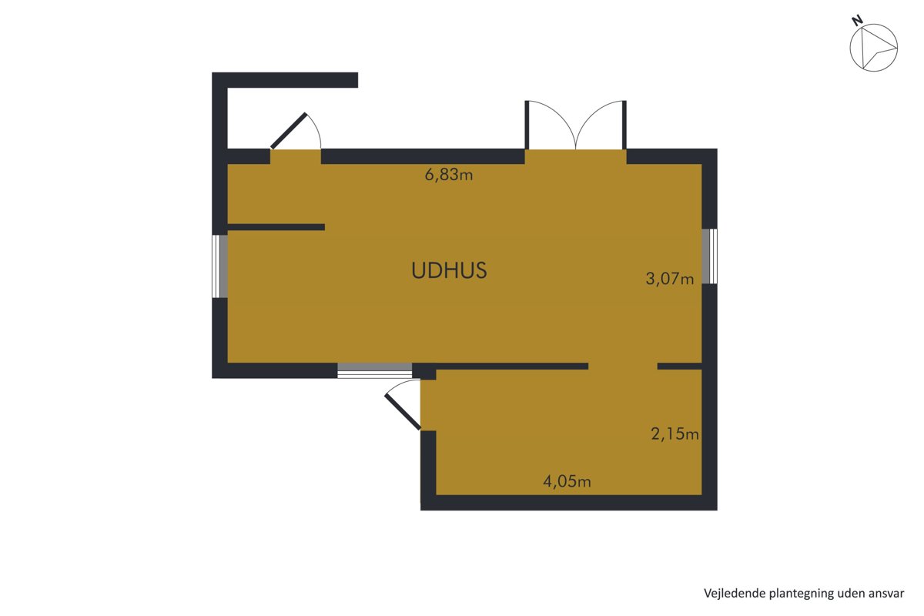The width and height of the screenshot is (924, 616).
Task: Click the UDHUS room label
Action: tap(449, 270)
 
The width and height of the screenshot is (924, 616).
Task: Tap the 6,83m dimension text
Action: tap(449, 175)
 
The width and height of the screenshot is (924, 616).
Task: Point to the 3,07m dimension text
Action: tap(669, 279)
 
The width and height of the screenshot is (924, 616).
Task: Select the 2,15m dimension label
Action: tap(675, 434)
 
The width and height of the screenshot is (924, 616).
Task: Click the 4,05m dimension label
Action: tap(567, 481)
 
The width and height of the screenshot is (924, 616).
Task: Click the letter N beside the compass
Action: tap(857, 21)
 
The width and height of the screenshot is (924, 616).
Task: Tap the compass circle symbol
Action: tap(874, 48)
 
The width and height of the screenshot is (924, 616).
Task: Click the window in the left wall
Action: tap(220, 266)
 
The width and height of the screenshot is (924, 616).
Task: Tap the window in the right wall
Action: tap(709, 256)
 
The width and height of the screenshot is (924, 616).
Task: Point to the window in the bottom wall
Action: tap(374, 370)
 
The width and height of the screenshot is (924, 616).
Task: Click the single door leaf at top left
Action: tap(289, 130)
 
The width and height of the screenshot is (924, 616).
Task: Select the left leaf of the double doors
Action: tap(527, 125)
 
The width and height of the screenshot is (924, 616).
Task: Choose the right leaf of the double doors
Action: tap(624, 125)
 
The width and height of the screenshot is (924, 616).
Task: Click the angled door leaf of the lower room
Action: tap(403, 412)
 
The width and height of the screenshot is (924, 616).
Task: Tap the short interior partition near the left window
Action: tap(276, 227)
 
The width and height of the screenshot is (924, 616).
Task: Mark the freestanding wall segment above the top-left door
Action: tap(285, 80)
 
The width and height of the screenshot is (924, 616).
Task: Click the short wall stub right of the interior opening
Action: tap(680, 367)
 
